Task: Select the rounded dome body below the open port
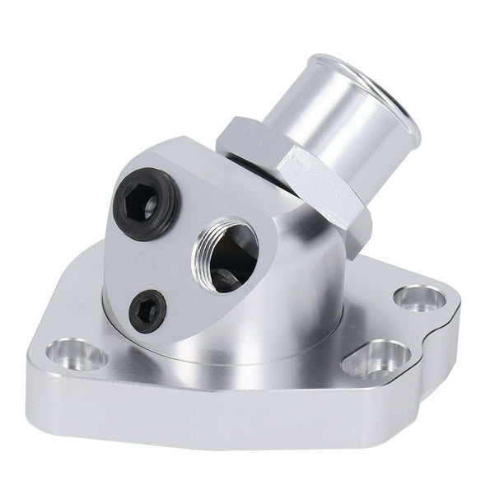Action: pyautogui.click(x=247, y=321)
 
